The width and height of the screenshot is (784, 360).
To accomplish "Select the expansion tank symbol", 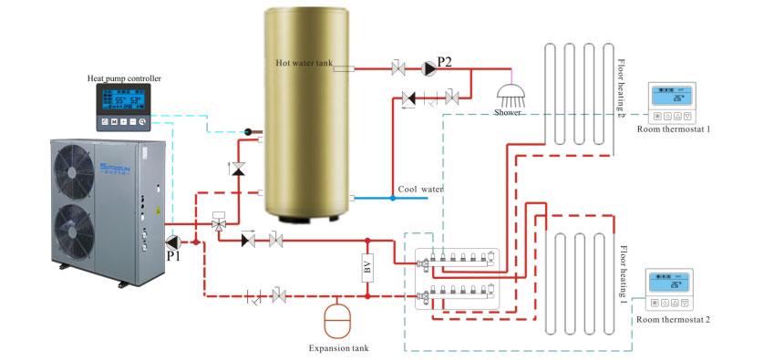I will coord(338,320).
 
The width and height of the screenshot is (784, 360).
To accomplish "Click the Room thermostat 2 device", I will coord(667,291).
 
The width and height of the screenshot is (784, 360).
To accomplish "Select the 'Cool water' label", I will coord(420,189).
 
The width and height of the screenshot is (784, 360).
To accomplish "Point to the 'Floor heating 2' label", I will coord(621,91).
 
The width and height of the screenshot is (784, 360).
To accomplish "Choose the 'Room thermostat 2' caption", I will coord(673,319).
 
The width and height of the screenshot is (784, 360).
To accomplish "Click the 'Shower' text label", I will coord(509,113).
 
